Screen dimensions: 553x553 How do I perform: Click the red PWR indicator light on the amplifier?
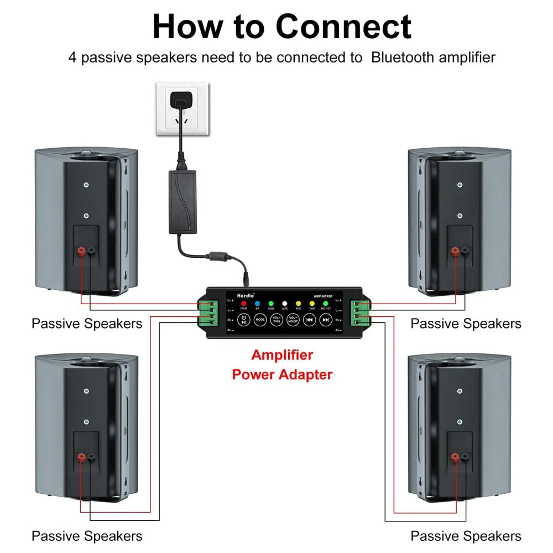tap(244, 304)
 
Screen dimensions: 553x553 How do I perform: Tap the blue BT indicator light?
tap(257, 304)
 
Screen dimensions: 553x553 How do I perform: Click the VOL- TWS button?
tap(276, 319)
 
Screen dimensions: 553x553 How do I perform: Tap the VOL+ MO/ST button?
tap(293, 319)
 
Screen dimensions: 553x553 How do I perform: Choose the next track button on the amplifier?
tap(326, 319)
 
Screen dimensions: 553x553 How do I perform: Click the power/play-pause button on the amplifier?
tap(244, 319)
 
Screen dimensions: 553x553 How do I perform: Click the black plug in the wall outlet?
tap(180, 101)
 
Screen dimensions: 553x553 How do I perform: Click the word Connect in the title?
tap(343, 27)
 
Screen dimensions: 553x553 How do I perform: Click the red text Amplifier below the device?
tap(282, 355)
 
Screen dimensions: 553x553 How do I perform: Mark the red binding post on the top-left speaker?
tap(81, 252)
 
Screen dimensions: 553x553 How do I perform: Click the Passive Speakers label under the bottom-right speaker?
tap(466, 536)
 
